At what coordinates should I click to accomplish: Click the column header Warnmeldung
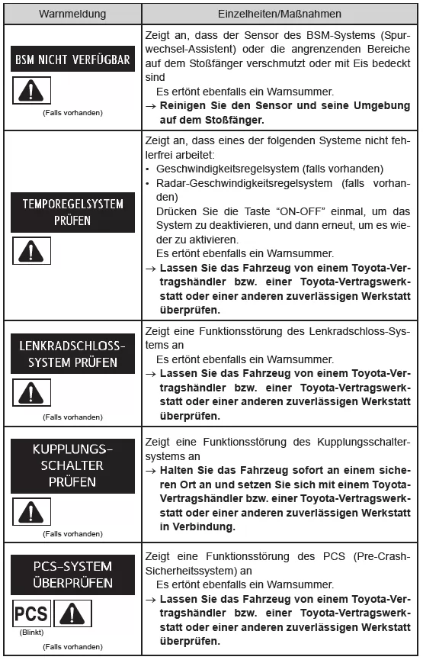[x=73, y=13]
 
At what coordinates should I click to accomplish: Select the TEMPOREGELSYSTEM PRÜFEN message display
[x=73, y=213]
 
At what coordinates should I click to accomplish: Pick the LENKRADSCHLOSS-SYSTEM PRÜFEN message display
[x=73, y=354]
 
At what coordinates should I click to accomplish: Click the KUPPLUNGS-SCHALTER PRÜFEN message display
[x=73, y=465]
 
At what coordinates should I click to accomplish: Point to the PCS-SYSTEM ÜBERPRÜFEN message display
[x=73, y=575]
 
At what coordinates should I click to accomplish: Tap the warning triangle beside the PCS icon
[x=73, y=613]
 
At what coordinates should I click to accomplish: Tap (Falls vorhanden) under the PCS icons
[x=73, y=647]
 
